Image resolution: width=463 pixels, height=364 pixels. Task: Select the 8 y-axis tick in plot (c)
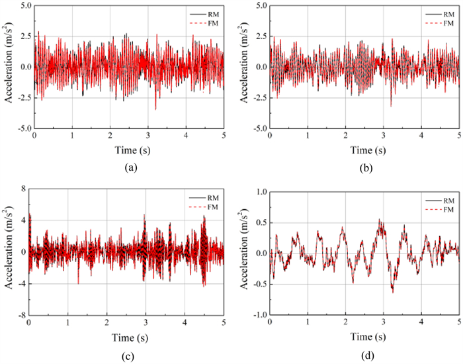(21, 189)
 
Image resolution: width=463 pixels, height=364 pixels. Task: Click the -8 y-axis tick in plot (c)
(20, 316)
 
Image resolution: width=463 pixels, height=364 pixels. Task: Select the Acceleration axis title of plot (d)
(245, 253)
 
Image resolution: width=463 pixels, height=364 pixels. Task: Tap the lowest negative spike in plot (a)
(156, 109)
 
